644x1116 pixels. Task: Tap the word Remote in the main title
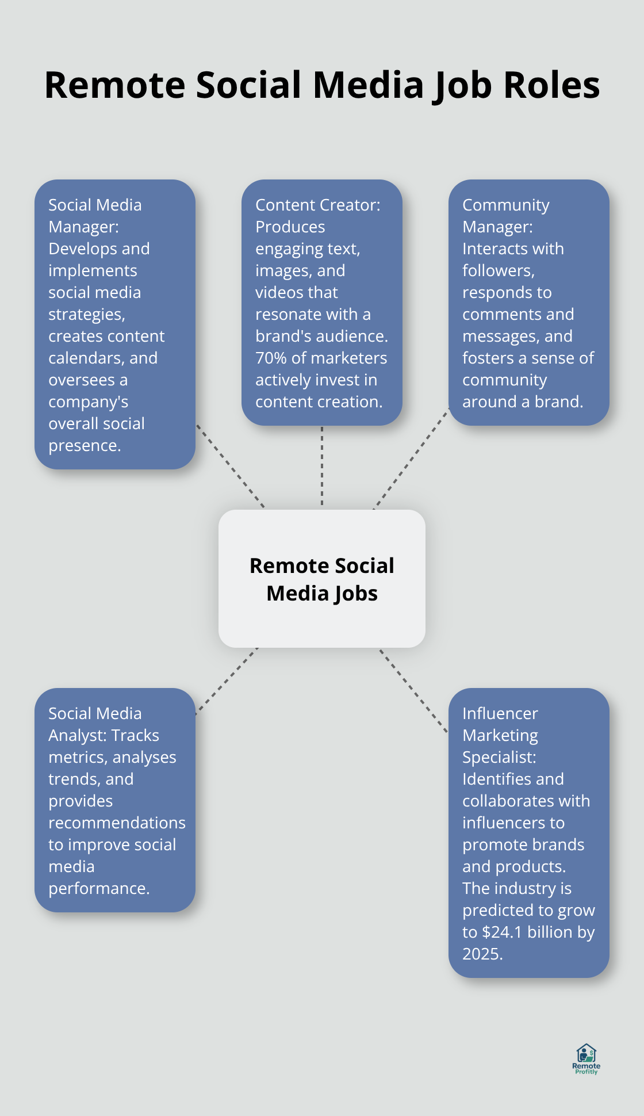pyautogui.click(x=115, y=85)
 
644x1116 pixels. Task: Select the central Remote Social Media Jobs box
pyautogui.click(x=322, y=579)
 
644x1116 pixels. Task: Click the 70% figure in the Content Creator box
pyautogui.click(x=271, y=358)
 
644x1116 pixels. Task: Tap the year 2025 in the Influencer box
pyautogui.click(x=482, y=954)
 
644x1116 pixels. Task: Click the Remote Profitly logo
pyautogui.click(x=586, y=1058)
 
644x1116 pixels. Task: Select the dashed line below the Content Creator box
pyautogui.click(x=322, y=466)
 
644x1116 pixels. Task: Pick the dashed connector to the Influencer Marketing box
pyautogui.click(x=413, y=690)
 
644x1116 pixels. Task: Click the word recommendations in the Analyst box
pyautogui.click(x=117, y=823)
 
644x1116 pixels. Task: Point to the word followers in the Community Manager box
pyautogui.click(x=498, y=270)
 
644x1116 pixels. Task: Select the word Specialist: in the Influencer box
pyautogui.click(x=499, y=757)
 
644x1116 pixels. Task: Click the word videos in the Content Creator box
pyautogui.click(x=296, y=292)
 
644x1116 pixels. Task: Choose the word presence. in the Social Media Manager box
pyautogui.click(x=85, y=445)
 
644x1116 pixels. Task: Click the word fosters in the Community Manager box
pyautogui.click(x=489, y=358)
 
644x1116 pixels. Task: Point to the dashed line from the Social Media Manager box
pyautogui.click(x=230, y=466)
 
